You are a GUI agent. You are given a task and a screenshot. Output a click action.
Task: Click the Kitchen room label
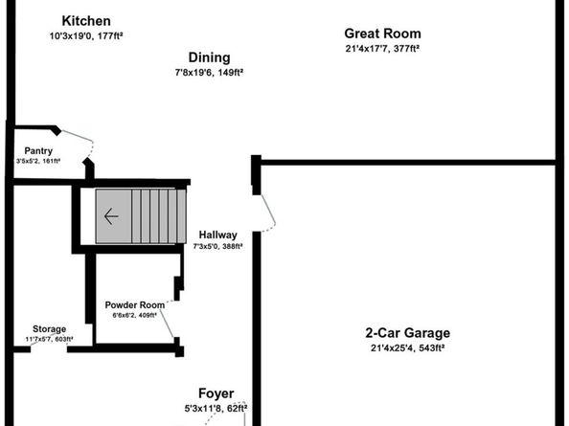click(86, 21)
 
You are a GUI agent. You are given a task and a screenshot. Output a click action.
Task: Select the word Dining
click(209, 57)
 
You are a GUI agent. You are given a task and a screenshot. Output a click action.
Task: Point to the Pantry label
click(39, 150)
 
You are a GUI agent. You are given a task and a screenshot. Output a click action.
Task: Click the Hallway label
click(217, 235)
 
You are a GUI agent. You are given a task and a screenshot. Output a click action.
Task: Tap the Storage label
click(49, 328)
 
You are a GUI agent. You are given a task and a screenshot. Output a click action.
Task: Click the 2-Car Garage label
click(407, 333)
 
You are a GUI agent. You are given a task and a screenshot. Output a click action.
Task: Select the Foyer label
click(216, 393)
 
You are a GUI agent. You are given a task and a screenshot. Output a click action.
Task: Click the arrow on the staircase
click(111, 216)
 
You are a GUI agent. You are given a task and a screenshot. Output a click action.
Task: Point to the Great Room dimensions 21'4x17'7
click(383, 48)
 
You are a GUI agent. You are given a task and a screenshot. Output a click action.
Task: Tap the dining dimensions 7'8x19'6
click(209, 71)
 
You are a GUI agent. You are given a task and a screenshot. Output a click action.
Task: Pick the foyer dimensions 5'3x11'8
click(216, 409)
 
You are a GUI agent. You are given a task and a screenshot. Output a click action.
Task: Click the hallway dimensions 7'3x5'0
click(217, 247)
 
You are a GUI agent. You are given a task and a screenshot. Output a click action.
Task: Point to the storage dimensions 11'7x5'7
click(49, 340)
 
